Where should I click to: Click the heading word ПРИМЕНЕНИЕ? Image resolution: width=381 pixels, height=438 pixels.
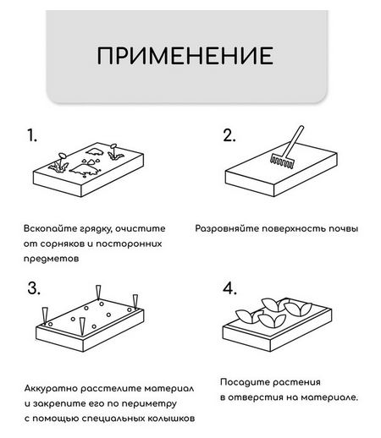185,56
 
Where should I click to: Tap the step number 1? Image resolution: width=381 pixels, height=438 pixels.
33,135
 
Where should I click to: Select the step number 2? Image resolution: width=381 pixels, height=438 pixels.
228,136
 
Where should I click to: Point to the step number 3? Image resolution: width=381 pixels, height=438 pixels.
34,288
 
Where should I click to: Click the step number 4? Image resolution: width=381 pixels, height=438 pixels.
229,289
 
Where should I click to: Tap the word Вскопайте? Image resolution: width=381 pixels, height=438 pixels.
49,229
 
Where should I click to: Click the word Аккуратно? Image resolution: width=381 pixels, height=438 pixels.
52,387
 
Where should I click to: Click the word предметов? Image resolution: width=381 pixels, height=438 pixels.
52,260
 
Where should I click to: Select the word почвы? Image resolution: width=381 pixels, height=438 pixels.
343,229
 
